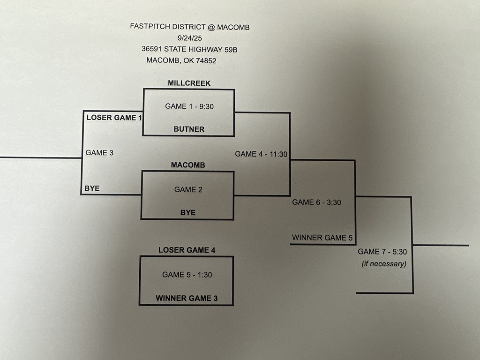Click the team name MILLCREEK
coord(189,83)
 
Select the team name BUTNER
coord(189,129)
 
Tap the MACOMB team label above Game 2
coord(188,165)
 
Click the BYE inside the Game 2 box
coord(188,212)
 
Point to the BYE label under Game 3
coord(92,188)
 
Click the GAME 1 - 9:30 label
coord(189,106)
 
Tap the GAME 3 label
coord(99,152)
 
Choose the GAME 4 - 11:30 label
coord(261,154)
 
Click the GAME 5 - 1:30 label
coord(187,275)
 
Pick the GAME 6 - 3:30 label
coord(316,202)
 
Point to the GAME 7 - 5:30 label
coord(382,252)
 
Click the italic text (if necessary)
coord(384,264)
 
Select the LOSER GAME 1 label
coord(114,117)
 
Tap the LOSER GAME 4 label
coord(187,250)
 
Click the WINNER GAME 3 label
coord(187,298)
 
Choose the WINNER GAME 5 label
coord(322,238)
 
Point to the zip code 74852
coord(204,60)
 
